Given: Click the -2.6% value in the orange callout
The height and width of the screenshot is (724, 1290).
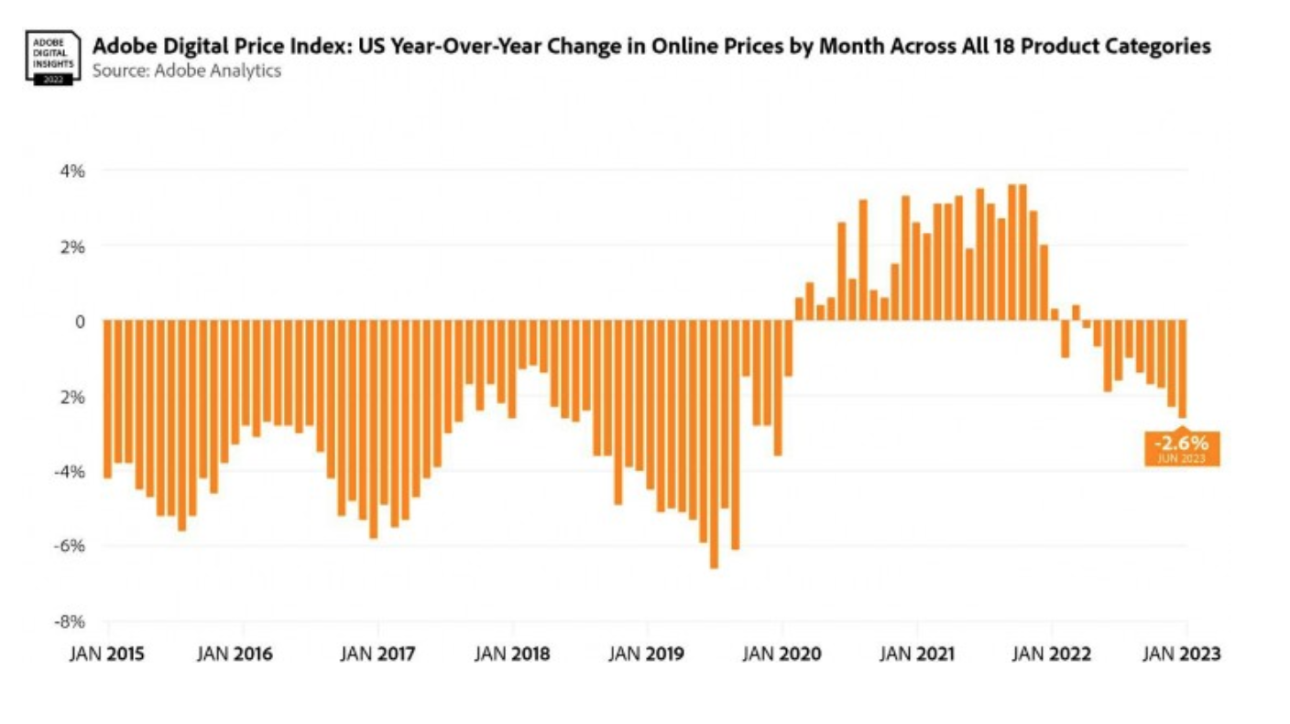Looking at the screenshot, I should (x=1182, y=443).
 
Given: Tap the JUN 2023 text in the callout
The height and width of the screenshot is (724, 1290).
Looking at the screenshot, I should (x=1182, y=457).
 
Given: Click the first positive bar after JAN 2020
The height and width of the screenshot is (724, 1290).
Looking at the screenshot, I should (x=799, y=309).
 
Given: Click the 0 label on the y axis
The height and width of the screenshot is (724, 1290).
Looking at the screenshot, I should (x=80, y=321).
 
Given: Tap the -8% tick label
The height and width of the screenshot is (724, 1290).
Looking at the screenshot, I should (x=71, y=621).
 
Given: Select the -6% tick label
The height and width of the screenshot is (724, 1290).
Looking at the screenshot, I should (x=71, y=545).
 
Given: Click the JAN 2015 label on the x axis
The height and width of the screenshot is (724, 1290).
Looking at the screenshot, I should (x=107, y=654).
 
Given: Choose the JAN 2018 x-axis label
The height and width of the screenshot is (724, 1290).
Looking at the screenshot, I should (x=513, y=654).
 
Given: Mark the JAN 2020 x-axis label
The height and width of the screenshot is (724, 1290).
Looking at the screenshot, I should (x=782, y=654).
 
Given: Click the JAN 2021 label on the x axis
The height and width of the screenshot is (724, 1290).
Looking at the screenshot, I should (x=917, y=654).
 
